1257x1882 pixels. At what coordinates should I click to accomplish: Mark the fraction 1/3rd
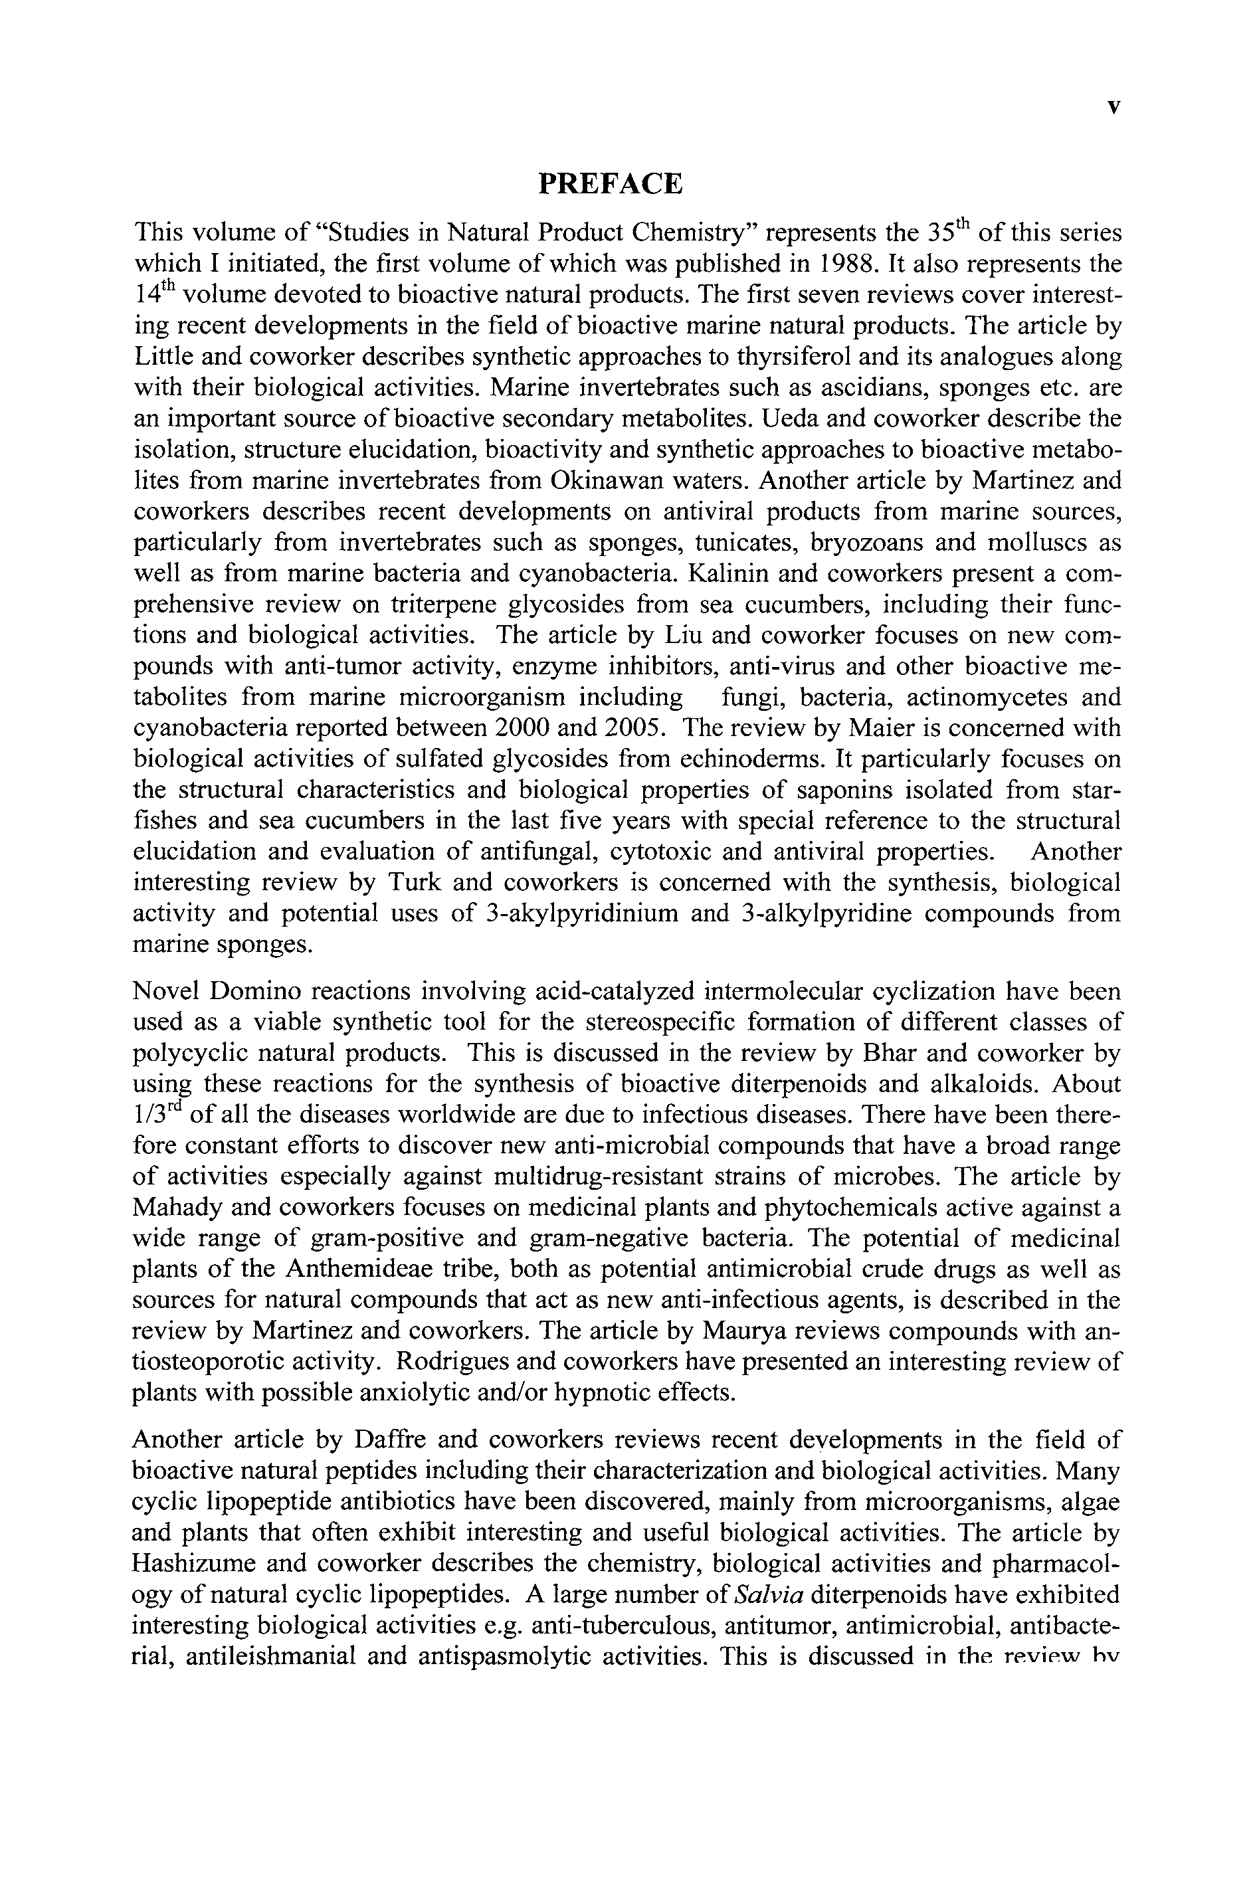pyautogui.click(x=155, y=1113)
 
